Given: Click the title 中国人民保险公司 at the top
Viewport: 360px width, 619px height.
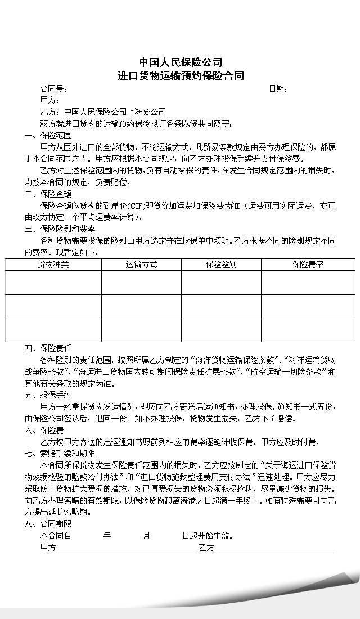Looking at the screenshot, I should tap(180, 62).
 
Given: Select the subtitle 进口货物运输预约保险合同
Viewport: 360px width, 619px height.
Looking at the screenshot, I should tap(180, 76).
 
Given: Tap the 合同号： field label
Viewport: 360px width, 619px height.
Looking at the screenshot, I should tap(54, 89).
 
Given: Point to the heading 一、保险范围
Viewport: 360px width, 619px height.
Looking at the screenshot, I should tap(48, 136).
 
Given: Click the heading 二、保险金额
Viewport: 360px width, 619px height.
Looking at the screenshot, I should tap(48, 194).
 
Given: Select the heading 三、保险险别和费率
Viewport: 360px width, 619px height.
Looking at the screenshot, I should tap(60, 229).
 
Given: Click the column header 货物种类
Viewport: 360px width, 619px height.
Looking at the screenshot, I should tap(53, 264).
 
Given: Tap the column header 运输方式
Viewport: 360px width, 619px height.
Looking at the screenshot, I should tap(141, 264).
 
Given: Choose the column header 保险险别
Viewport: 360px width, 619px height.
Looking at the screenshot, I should tap(221, 264).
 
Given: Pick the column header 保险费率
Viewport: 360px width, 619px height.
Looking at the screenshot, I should tap(308, 264).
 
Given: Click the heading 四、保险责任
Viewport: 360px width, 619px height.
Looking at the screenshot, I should tap(48, 348).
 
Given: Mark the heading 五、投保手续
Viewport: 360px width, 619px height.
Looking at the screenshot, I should tap(48, 395).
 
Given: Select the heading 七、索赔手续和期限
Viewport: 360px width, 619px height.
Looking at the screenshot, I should tap(60, 454).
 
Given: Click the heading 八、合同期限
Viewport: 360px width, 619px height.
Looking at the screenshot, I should tap(48, 524).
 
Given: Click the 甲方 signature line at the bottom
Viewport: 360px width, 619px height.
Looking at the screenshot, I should tap(127, 549).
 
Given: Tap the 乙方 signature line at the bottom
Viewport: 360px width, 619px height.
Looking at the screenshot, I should tap(276, 549).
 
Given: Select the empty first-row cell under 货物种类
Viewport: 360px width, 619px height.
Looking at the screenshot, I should tap(53, 282).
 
